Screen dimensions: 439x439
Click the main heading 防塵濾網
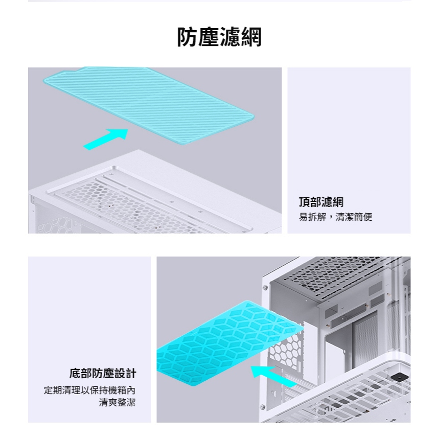[220, 37]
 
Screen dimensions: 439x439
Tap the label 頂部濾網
[321, 202]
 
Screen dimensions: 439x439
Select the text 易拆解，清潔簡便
[335, 217]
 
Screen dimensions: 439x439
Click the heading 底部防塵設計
[103, 373]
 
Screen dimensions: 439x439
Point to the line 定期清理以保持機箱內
[89, 390]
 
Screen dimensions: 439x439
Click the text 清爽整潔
[117, 402]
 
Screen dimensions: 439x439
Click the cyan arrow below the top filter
[106, 139]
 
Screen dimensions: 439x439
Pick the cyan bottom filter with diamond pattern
[229, 343]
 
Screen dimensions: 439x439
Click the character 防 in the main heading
[188, 37]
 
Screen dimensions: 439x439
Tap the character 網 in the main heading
[251, 37]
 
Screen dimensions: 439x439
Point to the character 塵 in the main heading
[209, 37]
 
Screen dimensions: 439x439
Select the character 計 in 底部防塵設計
[131, 373]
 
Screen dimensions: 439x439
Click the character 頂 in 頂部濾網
[304, 202]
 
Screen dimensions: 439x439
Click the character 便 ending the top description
[367, 217]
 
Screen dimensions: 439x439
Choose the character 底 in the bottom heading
[75, 373]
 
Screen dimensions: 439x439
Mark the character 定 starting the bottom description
[48, 390]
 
